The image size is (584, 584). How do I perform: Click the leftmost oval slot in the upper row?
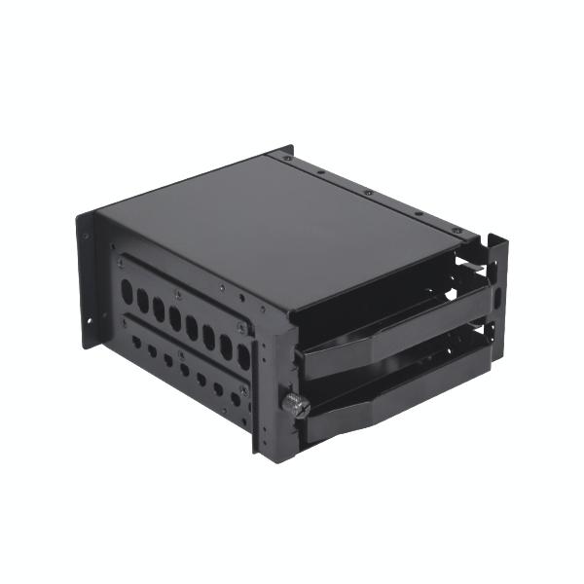point(127,290)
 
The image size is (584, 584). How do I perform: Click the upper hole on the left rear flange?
point(85,235)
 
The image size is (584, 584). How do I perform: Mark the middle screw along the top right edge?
point(368,191)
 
